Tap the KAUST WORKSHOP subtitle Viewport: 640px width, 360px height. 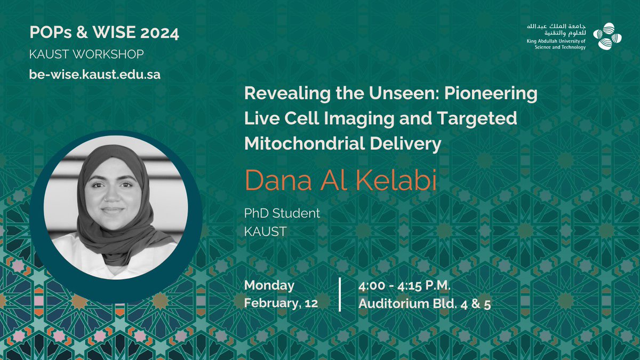[86, 54]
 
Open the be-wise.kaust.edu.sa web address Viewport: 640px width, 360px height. [94, 74]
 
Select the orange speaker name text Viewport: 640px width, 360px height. [340, 180]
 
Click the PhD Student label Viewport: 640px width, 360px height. [282, 213]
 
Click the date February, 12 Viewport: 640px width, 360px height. [282, 304]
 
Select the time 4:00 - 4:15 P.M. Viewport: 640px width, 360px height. [405, 285]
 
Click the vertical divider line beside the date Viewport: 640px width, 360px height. [340, 294]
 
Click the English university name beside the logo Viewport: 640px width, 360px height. [556, 44]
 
